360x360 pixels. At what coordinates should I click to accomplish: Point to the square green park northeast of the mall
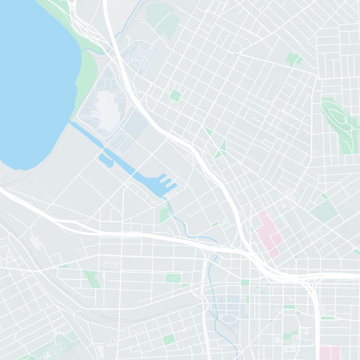click(x=175, y=95)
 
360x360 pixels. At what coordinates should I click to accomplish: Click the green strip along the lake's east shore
click(x=85, y=76)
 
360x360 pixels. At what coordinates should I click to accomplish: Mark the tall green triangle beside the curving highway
click(x=220, y=148)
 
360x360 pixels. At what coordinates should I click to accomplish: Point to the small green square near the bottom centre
click(x=169, y=338)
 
